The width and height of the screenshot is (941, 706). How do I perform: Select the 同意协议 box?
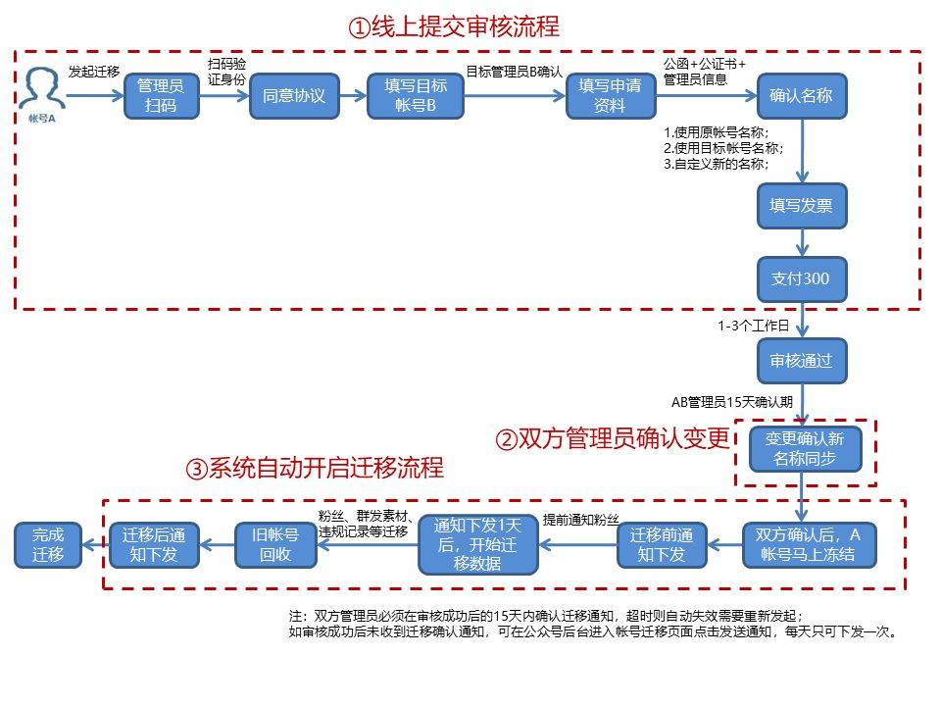pyautogui.click(x=293, y=96)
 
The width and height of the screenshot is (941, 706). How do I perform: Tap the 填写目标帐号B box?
pyautogui.click(x=415, y=96)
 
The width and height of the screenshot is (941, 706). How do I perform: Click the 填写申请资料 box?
pyautogui.click(x=610, y=96)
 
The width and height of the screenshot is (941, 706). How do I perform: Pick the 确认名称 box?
pyautogui.click(x=801, y=96)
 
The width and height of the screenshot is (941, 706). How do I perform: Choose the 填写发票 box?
pyautogui.click(x=801, y=206)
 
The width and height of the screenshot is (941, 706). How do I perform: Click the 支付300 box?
pyautogui.click(x=801, y=278)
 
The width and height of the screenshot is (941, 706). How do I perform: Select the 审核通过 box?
pyautogui.click(x=801, y=360)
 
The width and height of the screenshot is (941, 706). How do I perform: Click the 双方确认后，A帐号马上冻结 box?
pyautogui.click(x=808, y=545)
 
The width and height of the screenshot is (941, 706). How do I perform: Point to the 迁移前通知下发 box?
pyautogui.click(x=662, y=545)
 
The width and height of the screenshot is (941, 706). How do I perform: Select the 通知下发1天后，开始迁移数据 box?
pyautogui.click(x=478, y=544)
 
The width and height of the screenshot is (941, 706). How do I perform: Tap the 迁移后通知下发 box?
pyautogui.click(x=153, y=545)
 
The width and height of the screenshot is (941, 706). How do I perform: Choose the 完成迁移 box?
pyautogui.click(x=47, y=545)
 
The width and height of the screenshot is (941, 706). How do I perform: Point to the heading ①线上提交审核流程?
pyautogui.click(x=453, y=26)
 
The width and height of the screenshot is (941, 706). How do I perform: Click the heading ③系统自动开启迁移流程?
pyautogui.click(x=314, y=468)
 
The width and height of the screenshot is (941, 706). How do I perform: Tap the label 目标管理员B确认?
pyautogui.click(x=514, y=71)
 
